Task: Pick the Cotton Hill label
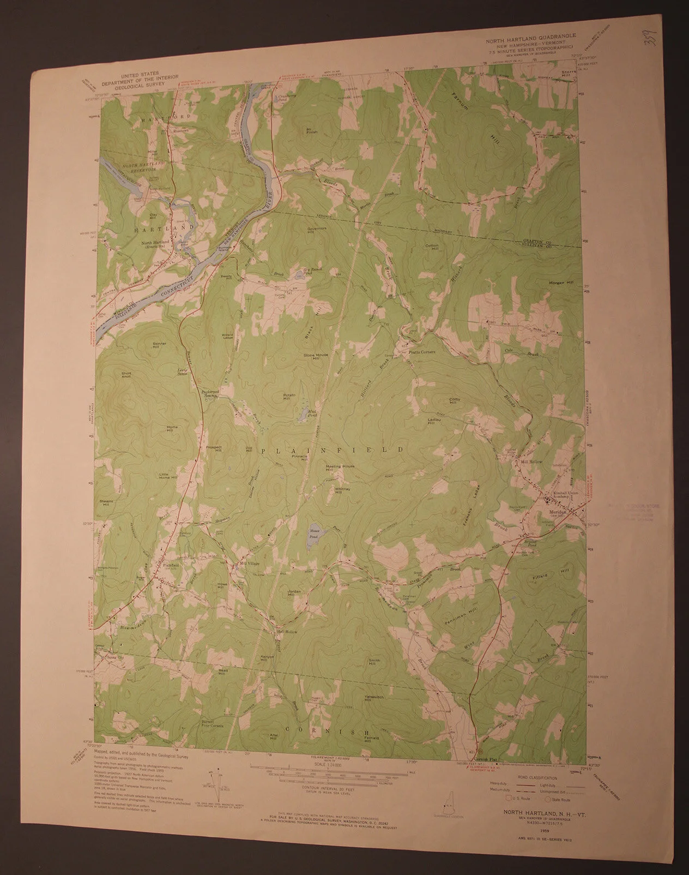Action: [x=432, y=247]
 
